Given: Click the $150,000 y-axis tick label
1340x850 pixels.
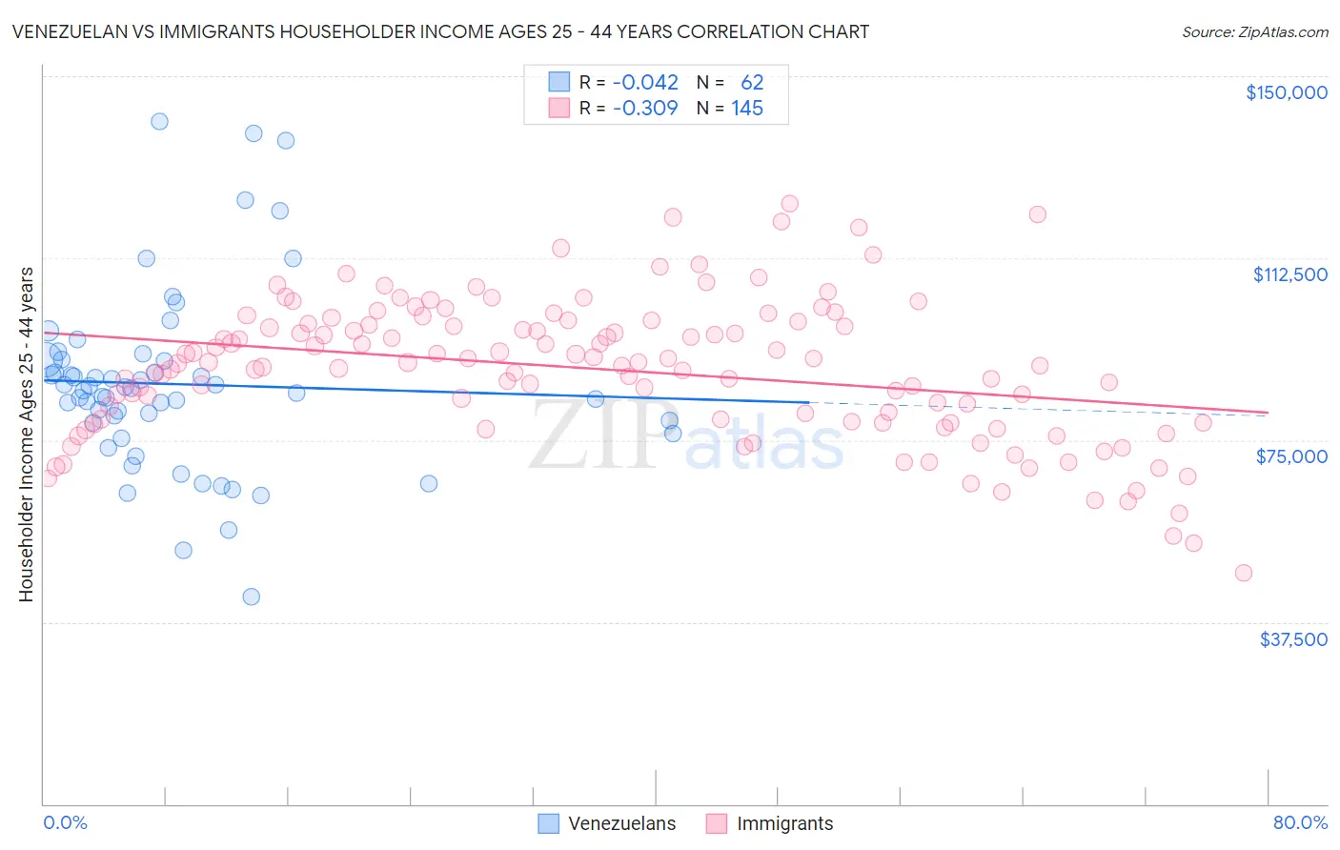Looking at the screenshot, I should [1286, 92].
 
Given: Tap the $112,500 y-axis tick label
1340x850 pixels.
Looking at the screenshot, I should [1289, 274].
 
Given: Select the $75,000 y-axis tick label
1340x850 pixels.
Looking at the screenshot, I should [1291, 456].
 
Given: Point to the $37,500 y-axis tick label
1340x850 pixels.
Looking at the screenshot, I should [1293, 639].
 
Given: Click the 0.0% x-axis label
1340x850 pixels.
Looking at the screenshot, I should [65, 822].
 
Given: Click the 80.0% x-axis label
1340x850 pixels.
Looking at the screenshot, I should [1300, 822].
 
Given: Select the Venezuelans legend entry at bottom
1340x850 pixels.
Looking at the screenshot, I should [607, 823].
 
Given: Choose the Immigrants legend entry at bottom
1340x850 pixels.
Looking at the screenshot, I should [769, 823].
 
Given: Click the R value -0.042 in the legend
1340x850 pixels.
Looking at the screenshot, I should [645, 82].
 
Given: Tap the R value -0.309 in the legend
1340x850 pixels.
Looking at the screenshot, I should [645, 108].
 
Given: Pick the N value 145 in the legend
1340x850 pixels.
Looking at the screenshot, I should [747, 108].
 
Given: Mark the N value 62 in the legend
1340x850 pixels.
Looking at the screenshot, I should [752, 82].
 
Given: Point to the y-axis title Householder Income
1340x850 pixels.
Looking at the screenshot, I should [26, 434].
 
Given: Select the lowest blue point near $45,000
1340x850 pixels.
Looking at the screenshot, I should [251, 597].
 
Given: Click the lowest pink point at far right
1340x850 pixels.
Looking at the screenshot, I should [1243, 573].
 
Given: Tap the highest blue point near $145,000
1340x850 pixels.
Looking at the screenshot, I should [159, 121].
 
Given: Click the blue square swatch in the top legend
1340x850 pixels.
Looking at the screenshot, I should [558, 82].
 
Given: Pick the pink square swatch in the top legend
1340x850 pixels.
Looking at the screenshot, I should [558, 108].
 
